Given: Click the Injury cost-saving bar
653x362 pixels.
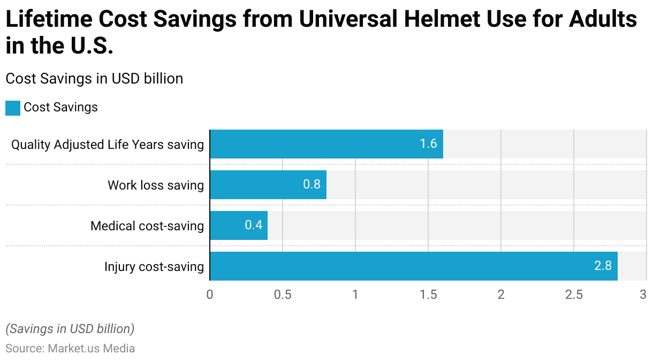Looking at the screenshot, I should pos(413,266).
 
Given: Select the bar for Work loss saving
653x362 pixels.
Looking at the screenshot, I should pos(268,185).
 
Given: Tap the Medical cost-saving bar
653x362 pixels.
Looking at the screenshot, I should pos(238,225).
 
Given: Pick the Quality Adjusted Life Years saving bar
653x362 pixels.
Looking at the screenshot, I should pos(326,144).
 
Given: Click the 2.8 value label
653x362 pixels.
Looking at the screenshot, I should pos(603,266).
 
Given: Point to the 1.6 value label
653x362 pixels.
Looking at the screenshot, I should pos(428,144).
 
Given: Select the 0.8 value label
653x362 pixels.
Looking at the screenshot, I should pos(312,185).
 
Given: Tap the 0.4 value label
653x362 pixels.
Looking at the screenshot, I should pos(253,225).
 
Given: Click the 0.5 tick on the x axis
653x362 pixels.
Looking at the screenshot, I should pos(283,295).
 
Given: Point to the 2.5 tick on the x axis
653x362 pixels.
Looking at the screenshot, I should pos(574,295).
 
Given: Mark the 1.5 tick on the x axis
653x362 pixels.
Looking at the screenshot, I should pos(428,295).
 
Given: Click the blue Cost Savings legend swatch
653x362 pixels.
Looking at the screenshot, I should pos(13,108).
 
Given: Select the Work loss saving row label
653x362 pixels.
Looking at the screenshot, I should pos(156,185).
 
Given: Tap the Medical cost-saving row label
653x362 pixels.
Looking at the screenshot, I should pos(147,226).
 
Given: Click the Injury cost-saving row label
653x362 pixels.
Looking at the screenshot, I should pos(154,267).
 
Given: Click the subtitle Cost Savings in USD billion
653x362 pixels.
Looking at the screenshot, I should pos(94,79).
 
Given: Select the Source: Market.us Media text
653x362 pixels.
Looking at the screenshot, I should pos(70,349).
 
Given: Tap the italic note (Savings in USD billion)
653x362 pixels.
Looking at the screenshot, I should pos(70,328).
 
